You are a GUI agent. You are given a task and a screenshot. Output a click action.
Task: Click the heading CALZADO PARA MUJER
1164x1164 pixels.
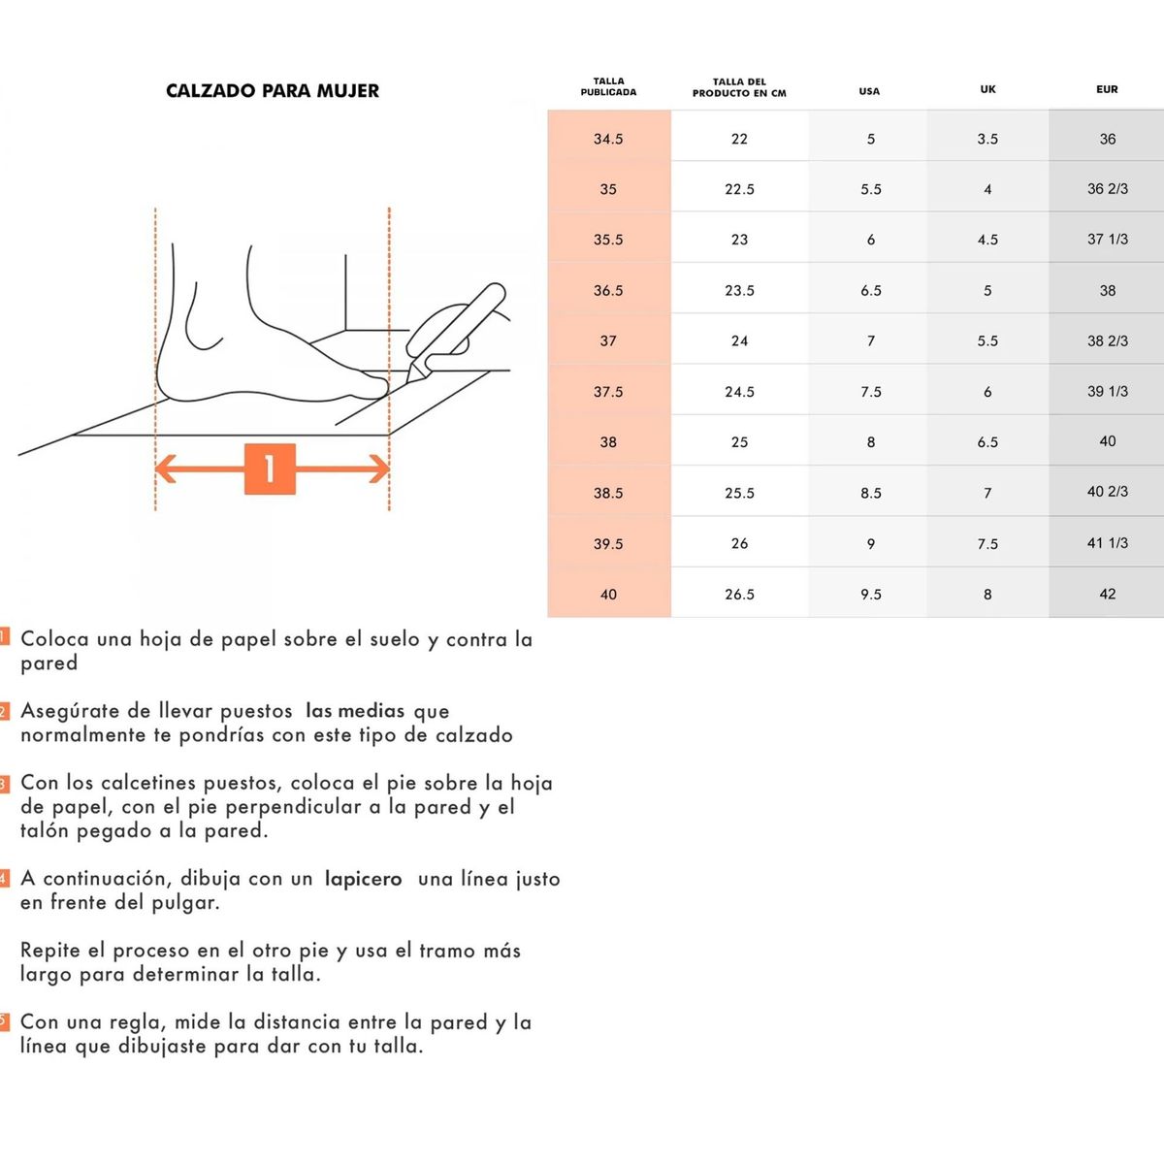[x=273, y=91]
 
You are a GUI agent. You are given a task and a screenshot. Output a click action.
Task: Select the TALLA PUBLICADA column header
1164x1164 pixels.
[x=608, y=86]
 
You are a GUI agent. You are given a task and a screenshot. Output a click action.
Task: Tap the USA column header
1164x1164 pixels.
[x=869, y=91]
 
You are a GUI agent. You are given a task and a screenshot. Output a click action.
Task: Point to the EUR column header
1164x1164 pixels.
[x=1107, y=89]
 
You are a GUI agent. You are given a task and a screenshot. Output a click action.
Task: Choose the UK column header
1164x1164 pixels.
[x=987, y=89]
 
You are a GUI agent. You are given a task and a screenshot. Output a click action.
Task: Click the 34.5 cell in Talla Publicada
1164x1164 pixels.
[x=608, y=139]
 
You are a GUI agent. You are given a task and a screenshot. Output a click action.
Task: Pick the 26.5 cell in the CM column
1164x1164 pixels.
[x=739, y=594]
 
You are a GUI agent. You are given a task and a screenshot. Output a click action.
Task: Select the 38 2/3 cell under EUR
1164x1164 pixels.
[x=1107, y=340]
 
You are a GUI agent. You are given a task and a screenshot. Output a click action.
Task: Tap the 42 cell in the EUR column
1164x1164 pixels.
[x=1107, y=594]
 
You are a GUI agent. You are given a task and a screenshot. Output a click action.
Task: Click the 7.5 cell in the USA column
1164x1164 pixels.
[x=870, y=392]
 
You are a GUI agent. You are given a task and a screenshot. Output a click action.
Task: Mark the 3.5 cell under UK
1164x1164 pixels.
[x=987, y=139]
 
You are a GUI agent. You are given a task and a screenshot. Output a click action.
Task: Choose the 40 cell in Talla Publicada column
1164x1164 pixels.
[x=608, y=594]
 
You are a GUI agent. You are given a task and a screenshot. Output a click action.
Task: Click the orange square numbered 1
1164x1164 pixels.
[x=270, y=469]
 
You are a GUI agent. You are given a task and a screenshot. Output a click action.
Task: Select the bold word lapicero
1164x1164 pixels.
[x=363, y=879]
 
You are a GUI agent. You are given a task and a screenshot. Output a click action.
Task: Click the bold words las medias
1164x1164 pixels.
[x=354, y=711]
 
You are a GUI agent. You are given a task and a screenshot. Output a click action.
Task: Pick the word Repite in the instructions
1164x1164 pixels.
[x=49, y=951]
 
